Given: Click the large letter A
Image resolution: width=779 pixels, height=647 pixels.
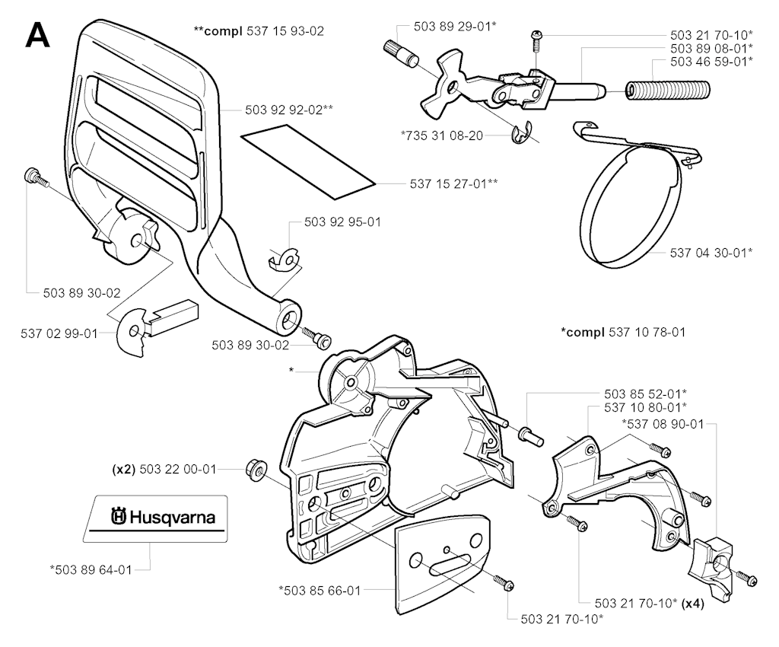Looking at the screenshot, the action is pos(38,35).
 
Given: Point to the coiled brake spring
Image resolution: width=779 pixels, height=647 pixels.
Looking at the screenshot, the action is pos(667,91).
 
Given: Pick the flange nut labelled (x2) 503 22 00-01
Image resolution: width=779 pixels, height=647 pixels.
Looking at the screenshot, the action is pos(256,469).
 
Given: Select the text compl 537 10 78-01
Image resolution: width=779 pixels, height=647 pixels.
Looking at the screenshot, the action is pos(624,332).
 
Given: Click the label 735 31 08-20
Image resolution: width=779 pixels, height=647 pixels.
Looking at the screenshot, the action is pos(442,135).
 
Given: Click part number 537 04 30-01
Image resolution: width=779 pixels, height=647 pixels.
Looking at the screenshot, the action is pos(711,253).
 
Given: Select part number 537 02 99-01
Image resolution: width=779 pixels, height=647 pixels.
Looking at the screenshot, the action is pos(59,333).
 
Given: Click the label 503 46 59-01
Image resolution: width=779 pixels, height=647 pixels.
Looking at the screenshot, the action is pos(711,62).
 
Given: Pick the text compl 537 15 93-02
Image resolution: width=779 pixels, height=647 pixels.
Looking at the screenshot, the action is pos(259,30).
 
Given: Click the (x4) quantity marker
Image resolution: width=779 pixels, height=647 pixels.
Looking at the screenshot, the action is pos(692,604).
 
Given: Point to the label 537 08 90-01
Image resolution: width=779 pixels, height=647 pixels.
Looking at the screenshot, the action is pos(663,425).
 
